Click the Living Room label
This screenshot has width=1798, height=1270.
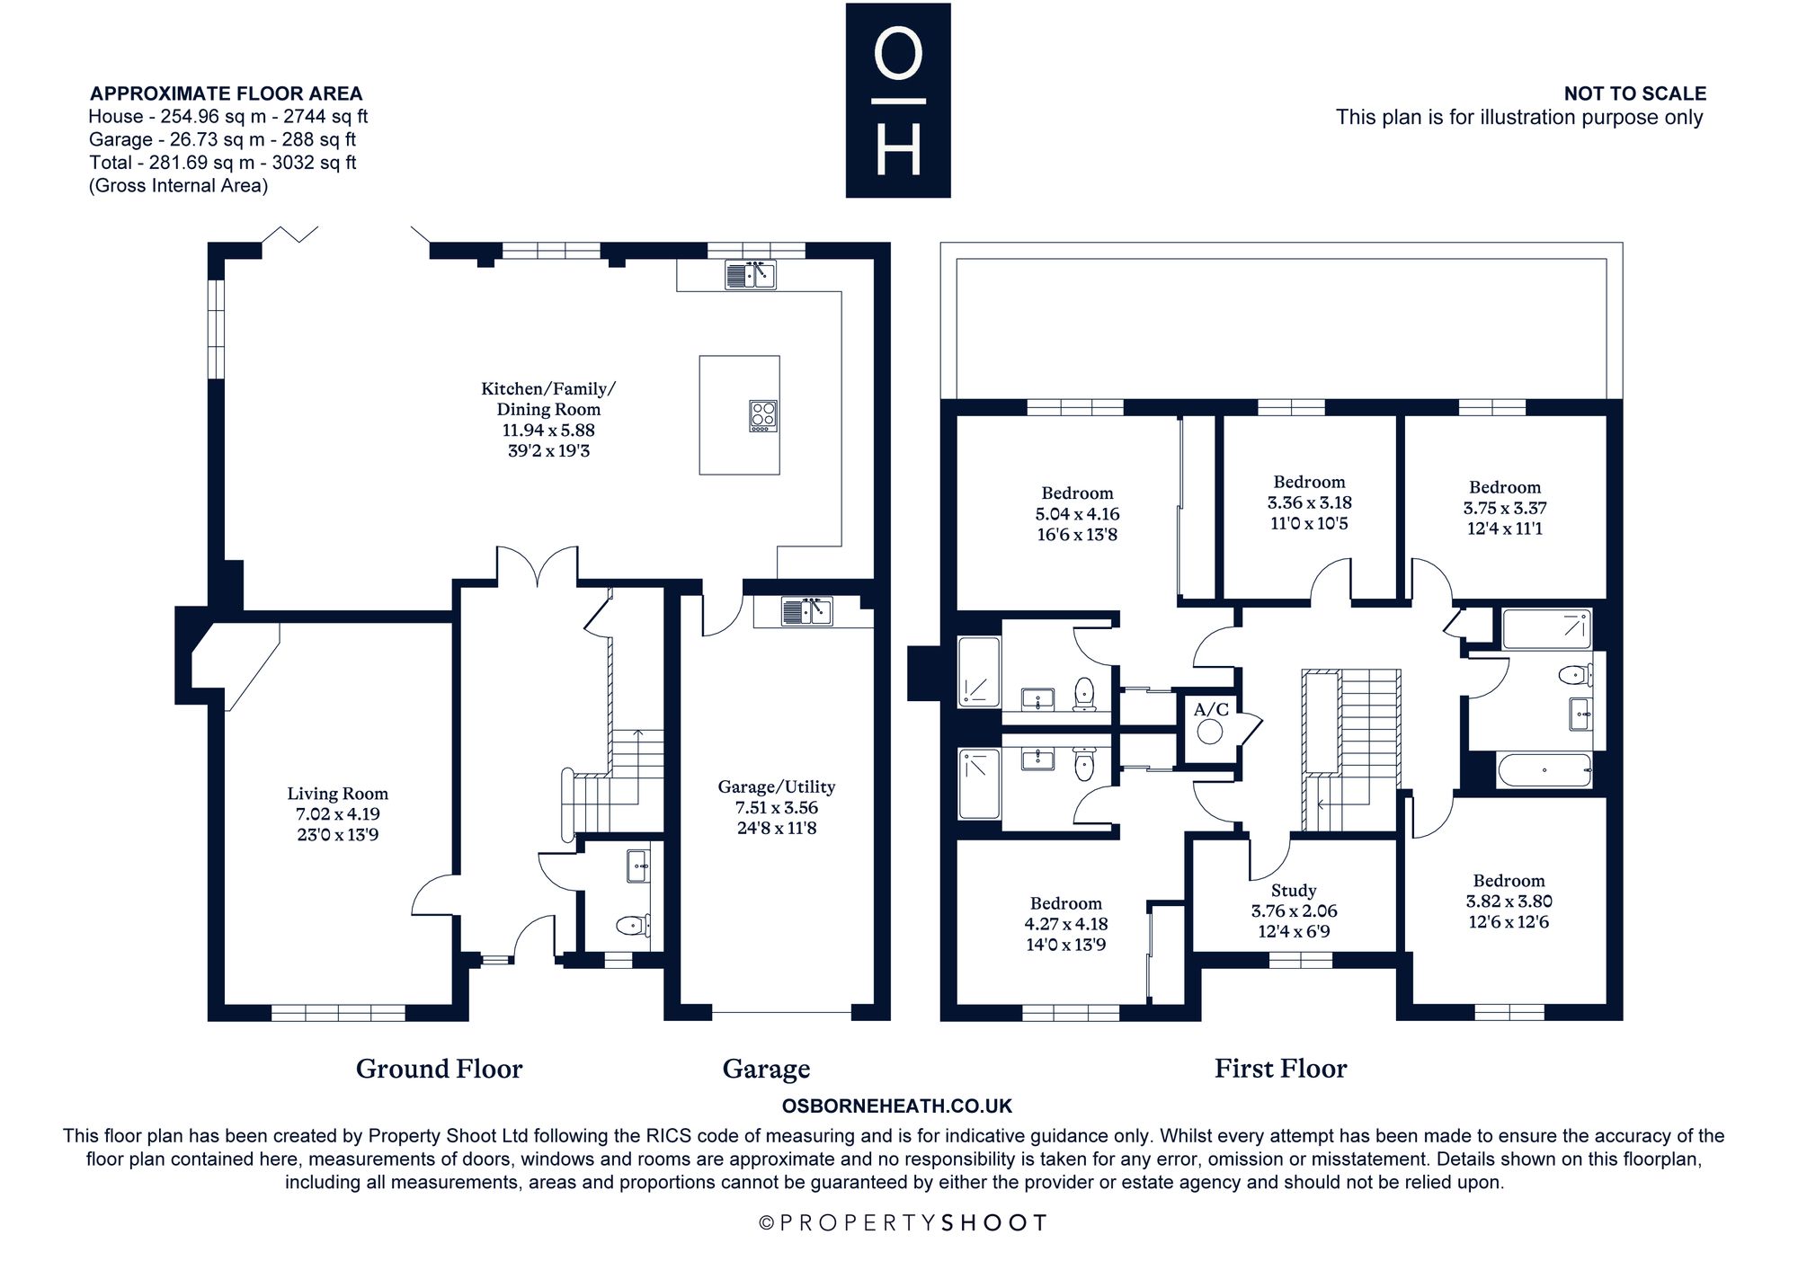coord(338,794)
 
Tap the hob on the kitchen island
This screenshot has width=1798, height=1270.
coord(763,416)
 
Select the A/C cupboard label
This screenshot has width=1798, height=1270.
coord(1211,710)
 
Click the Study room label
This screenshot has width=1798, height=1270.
coord(1294,891)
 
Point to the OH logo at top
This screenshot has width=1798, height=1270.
coord(898,100)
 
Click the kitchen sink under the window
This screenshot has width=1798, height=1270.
coord(750,274)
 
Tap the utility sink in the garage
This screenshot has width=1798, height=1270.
coord(806,611)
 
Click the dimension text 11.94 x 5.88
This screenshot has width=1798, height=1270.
coord(548,431)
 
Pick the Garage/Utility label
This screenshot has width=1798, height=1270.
coord(777,787)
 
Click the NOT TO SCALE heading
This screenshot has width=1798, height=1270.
coord(1635,93)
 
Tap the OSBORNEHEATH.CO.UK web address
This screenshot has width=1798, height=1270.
coord(897,1106)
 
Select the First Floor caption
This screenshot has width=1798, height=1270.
coord(1280,1068)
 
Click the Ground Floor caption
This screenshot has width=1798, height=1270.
coord(439,1069)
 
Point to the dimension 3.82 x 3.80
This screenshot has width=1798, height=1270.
coord(1509,901)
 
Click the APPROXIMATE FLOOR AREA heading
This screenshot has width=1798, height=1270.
coord(227,93)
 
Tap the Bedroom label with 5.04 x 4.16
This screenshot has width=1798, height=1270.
coord(1077,493)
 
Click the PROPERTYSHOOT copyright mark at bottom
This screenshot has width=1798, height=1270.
coord(903,1223)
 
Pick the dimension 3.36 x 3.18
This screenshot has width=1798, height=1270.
coord(1310,503)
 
